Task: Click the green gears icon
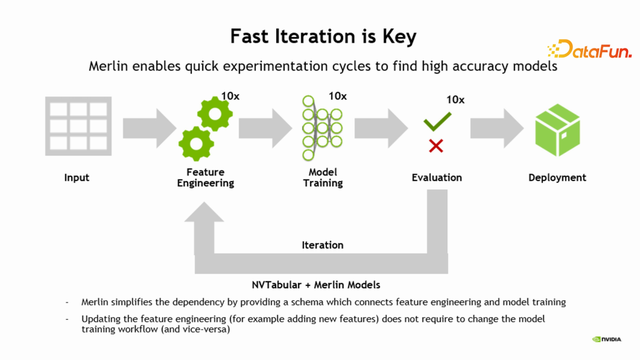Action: [x=207, y=128]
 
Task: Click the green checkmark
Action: [x=437, y=123]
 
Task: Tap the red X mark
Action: [x=436, y=146]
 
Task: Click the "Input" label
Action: [x=76, y=178]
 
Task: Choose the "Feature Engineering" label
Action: [x=210, y=178]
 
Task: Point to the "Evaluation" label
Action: [x=437, y=178]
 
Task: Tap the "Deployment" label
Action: [x=557, y=178]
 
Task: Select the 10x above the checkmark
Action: [x=455, y=99]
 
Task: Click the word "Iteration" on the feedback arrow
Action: [x=322, y=245]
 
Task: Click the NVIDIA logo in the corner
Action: [x=609, y=338]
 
